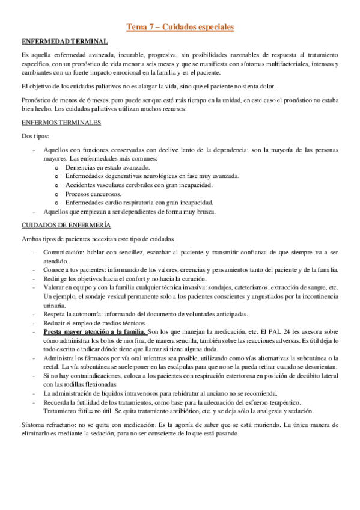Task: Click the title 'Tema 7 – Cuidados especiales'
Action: (x=180, y=27)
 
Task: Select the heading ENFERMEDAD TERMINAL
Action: (x=64, y=41)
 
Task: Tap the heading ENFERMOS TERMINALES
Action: (x=61, y=123)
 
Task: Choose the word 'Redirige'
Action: (x=58, y=278)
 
